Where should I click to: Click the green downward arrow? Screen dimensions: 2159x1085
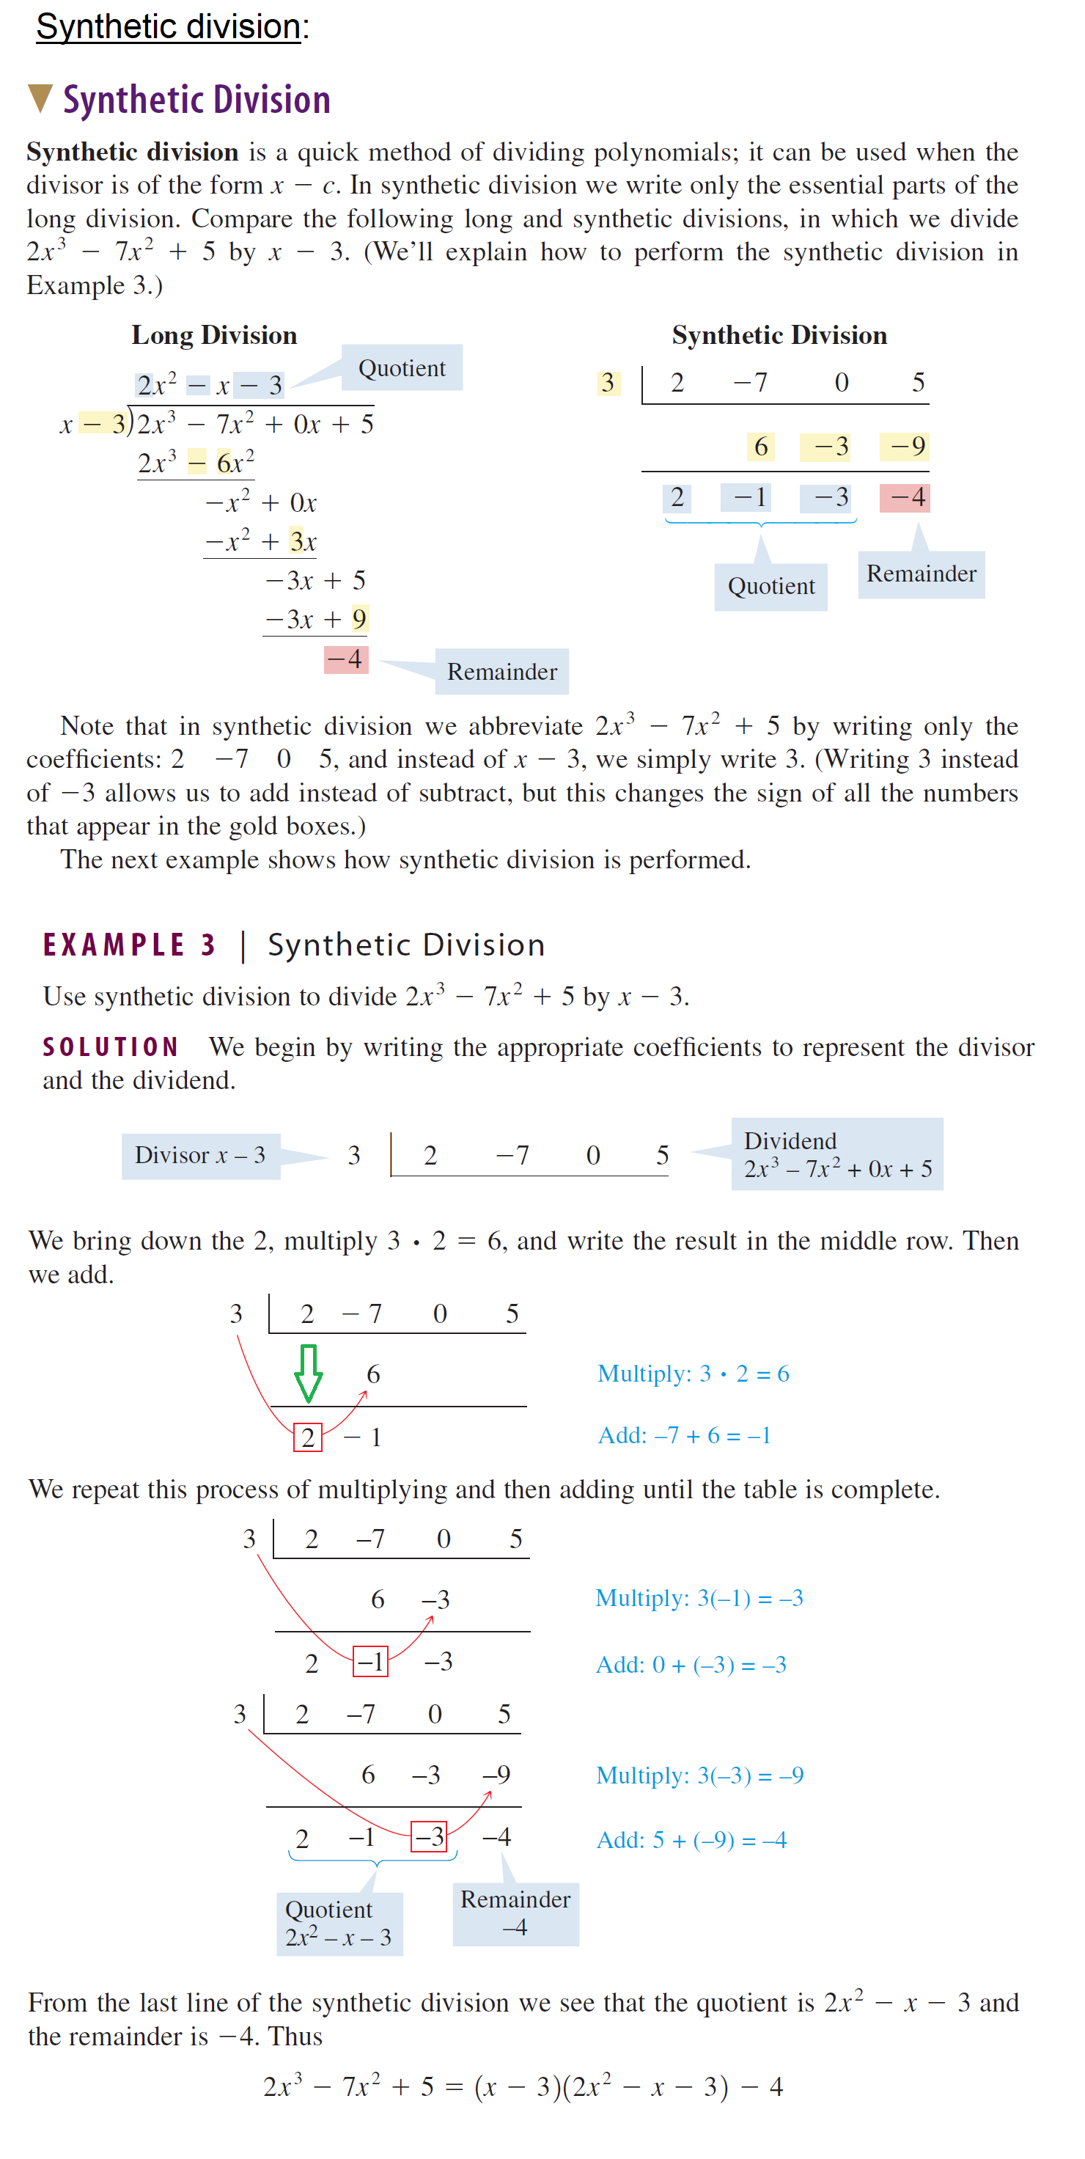click(x=309, y=1373)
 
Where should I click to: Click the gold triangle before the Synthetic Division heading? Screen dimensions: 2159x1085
click(x=40, y=98)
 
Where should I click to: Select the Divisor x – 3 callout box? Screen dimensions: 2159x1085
click(x=200, y=1156)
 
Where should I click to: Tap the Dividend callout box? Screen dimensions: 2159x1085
click(x=836, y=1154)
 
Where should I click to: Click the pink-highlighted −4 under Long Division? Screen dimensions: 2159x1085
click(x=345, y=659)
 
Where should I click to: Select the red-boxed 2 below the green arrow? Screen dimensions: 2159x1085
click(x=307, y=1437)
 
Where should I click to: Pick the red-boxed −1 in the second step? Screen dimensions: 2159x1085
click(x=370, y=1661)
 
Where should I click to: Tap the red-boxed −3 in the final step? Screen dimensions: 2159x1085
click(x=429, y=1837)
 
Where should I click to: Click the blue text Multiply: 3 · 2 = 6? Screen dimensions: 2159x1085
click(x=693, y=1374)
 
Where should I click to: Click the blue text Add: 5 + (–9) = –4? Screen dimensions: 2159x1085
click(x=691, y=1841)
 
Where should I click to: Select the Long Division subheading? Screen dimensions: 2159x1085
click(x=215, y=335)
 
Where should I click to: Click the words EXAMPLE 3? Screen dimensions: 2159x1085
click(x=130, y=945)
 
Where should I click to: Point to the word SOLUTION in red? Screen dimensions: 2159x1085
click(x=111, y=1046)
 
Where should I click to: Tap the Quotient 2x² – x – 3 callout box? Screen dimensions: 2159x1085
click(x=339, y=1924)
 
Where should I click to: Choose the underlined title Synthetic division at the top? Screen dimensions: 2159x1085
click(x=169, y=27)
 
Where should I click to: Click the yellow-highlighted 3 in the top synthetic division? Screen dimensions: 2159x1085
click(x=608, y=383)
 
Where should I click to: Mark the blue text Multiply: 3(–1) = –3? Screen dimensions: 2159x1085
click(x=699, y=1598)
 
